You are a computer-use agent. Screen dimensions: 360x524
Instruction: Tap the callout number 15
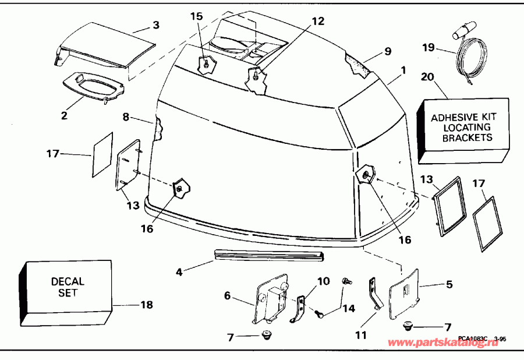tap(197, 16)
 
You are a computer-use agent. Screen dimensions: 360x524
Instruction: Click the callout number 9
tap(387, 51)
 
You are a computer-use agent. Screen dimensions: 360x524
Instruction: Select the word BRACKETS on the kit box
tap(467, 138)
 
